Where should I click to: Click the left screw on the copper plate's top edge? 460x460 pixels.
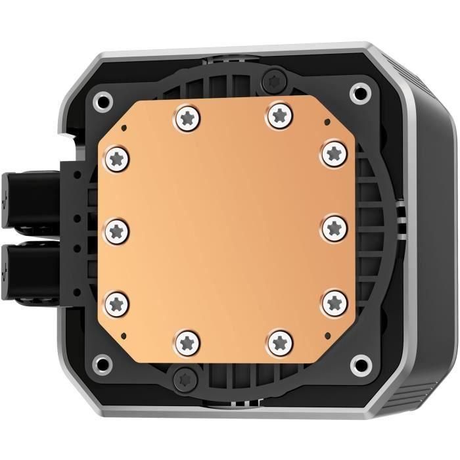pos(188,119)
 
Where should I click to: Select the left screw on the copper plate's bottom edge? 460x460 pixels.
pos(188,340)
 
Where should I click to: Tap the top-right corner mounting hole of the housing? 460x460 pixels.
pos(359,91)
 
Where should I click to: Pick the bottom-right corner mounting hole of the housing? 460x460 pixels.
pos(359,362)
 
